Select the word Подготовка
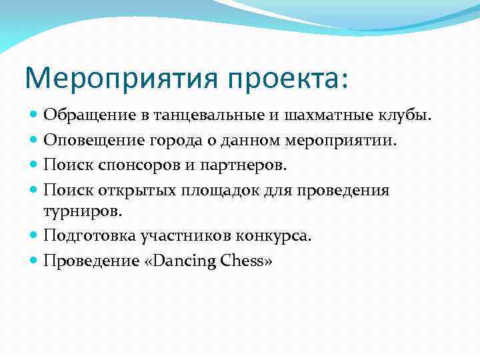(x=90, y=236)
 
